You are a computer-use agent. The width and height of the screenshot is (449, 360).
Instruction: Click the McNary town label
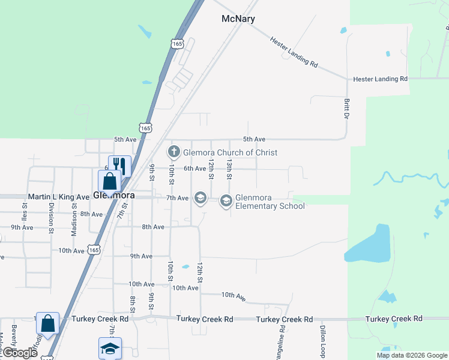coord(238,19)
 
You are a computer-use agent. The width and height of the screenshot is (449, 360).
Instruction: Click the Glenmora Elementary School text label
coord(270,202)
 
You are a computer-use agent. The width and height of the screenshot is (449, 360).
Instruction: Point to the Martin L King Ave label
coord(58,197)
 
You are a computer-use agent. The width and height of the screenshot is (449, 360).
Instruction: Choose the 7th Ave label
coord(178,198)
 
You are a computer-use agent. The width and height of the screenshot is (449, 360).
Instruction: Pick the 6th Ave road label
coord(194,169)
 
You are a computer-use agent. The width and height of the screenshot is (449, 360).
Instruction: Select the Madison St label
coord(74,223)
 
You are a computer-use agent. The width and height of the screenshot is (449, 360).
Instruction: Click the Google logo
coord(20,353)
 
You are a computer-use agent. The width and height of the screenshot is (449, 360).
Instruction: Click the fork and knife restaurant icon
coord(119,166)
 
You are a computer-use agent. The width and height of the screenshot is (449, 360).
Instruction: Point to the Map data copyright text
coord(412,355)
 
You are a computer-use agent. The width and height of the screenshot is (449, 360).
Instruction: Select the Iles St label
coord(25,212)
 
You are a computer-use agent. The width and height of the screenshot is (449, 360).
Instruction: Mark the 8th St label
coord(133,304)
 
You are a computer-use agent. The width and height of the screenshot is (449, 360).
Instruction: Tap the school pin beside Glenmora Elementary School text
coord(226,200)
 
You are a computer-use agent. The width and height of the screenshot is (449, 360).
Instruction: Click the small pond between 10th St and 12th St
coord(185,267)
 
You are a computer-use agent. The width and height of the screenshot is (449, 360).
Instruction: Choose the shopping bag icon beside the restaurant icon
coord(109,181)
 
